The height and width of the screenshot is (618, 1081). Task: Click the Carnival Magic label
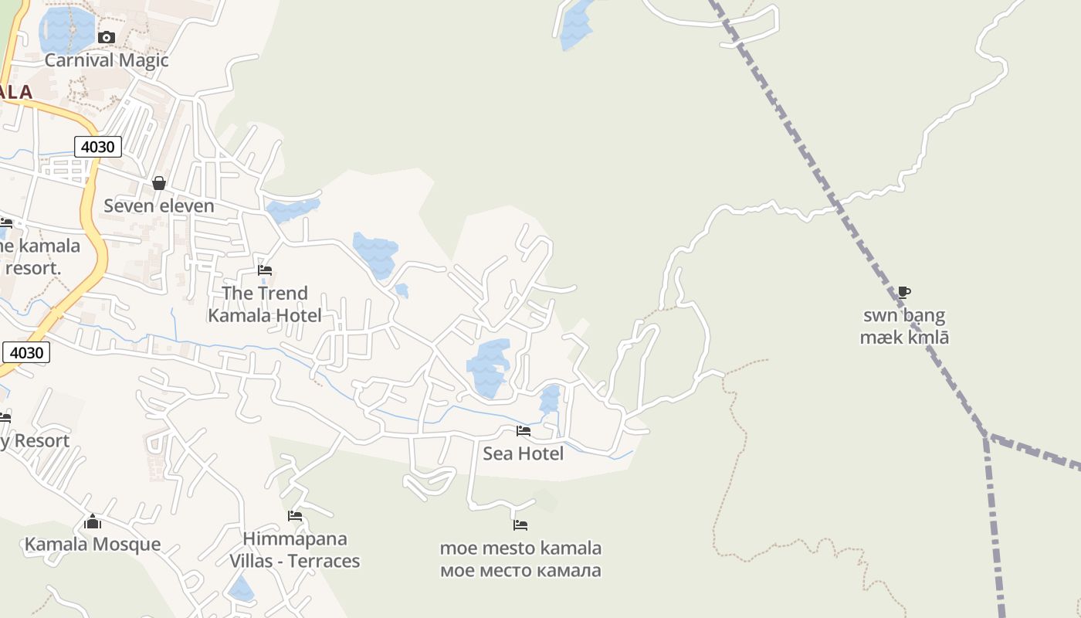107,60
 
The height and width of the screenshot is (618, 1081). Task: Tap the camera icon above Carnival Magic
107,37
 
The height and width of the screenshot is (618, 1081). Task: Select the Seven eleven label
159,205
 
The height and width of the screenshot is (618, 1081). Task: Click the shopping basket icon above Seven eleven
159,183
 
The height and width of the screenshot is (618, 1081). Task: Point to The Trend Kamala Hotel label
265,304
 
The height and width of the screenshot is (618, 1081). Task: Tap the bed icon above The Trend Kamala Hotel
265,270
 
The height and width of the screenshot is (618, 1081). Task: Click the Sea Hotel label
524,453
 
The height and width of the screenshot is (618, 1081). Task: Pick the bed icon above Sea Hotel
524,431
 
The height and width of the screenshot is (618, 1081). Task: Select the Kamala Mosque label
93,544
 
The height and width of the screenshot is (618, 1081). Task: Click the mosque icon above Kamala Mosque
93,521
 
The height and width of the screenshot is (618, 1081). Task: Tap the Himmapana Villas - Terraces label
295,549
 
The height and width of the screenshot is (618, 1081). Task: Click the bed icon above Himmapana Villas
295,516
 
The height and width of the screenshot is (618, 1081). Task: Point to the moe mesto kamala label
520,548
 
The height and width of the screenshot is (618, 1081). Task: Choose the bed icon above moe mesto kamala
520,525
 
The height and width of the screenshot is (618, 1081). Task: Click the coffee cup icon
904,292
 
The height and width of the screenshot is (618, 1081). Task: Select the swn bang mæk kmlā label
904,326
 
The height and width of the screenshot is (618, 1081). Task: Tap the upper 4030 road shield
98,146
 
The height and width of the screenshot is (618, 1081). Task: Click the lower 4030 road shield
27,353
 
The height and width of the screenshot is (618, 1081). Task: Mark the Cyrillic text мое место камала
520,571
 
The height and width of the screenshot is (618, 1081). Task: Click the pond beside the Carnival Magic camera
68,29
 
